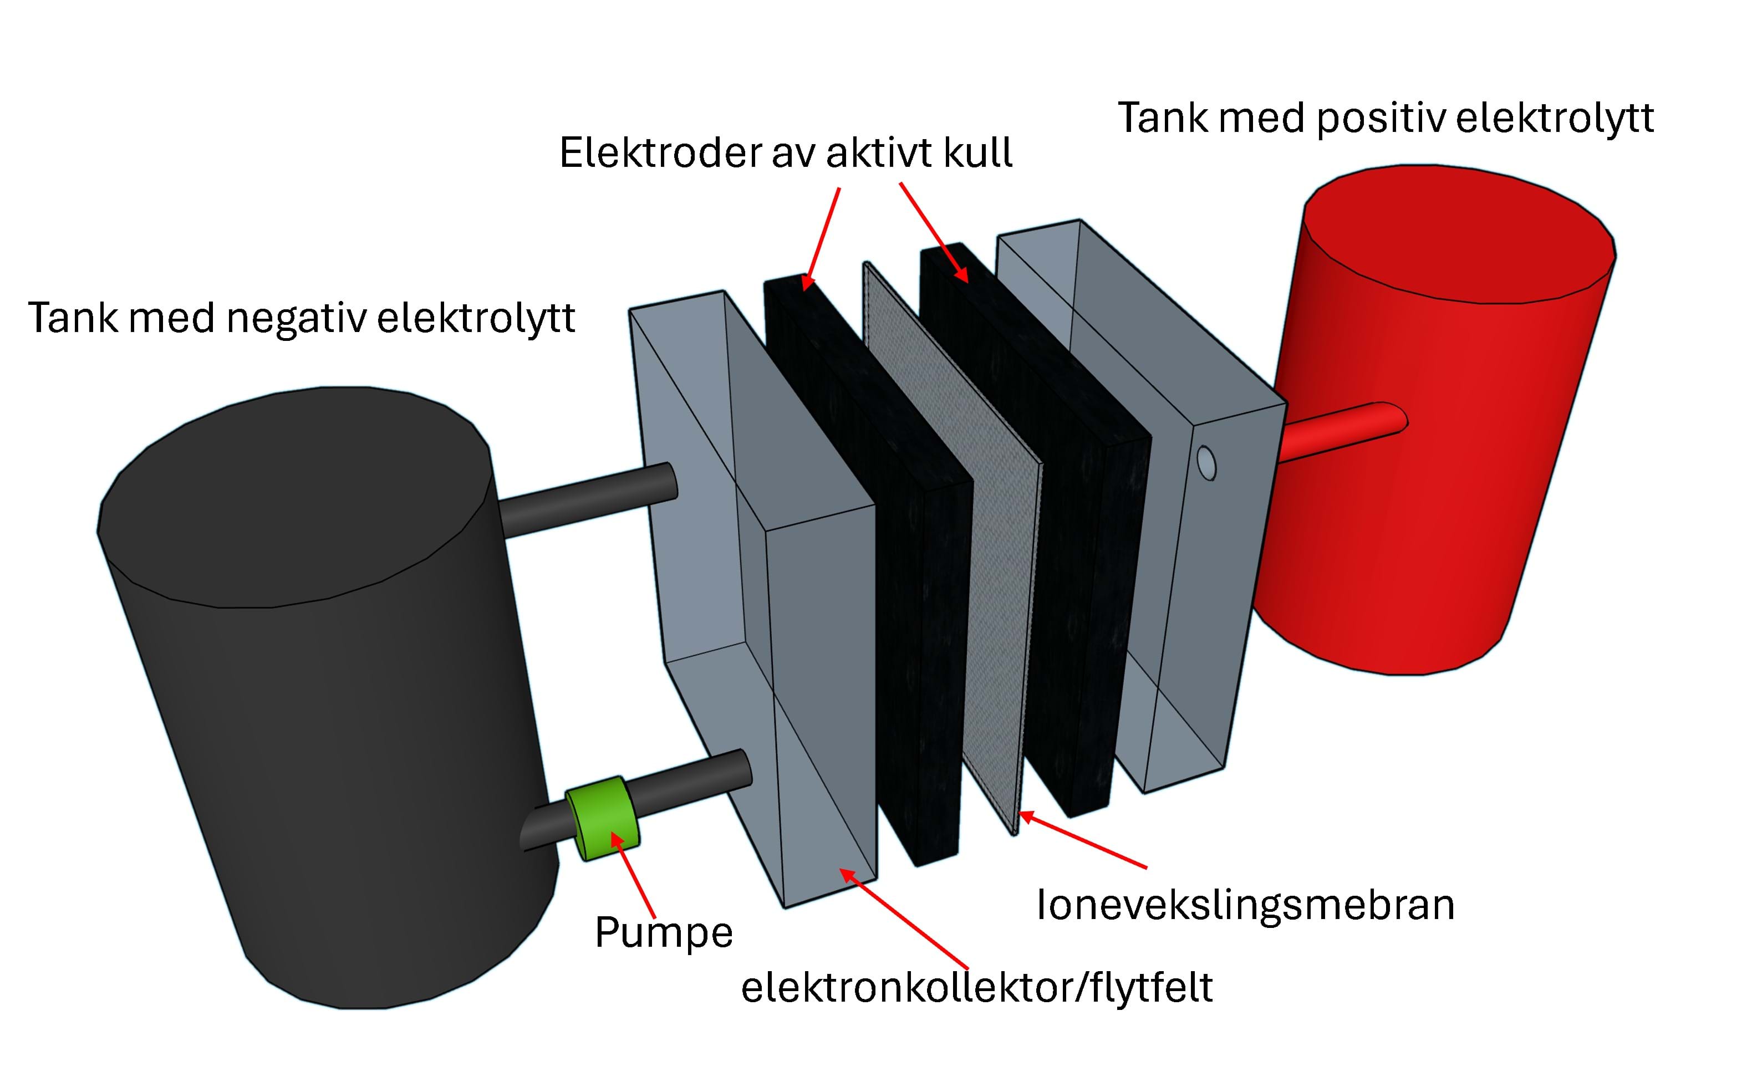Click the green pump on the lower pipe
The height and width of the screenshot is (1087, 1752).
pos(603,818)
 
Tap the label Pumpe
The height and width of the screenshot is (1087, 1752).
pos(663,933)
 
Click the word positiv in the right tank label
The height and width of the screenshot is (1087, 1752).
pos(1381,119)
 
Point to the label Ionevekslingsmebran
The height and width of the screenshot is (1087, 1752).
pos(1245,905)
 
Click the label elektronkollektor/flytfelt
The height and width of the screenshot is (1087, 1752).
pos(976,988)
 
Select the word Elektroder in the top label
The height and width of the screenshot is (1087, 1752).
pos(659,153)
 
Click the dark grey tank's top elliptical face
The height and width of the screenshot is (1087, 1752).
pos(295,496)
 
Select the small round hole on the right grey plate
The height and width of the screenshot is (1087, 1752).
pos(1206,462)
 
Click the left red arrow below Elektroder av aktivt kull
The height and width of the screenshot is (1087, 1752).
pos(821,237)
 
